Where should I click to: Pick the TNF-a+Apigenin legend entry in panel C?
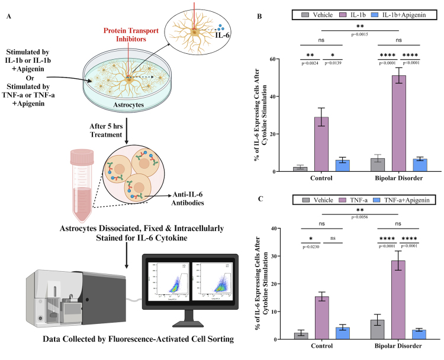pyautogui.click(x=406, y=200)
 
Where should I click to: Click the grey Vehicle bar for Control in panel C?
pyautogui.click(x=300, y=336)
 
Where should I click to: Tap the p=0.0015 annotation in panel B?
pyautogui.click(x=359, y=34)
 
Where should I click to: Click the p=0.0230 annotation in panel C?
pyautogui.click(x=311, y=247)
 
